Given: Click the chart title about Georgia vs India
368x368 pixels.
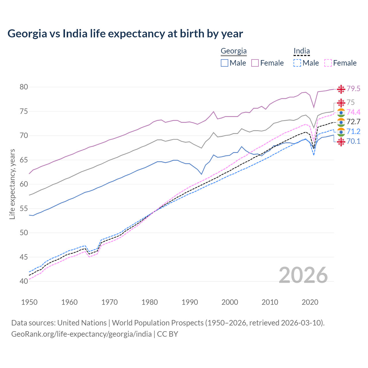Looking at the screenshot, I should click(x=125, y=33).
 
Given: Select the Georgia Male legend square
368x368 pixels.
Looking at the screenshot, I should click(x=225, y=63).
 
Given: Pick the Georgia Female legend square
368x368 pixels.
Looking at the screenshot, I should click(x=255, y=63).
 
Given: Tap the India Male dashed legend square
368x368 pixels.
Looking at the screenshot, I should click(x=297, y=63).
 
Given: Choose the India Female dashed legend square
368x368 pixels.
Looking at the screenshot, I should click(x=328, y=63).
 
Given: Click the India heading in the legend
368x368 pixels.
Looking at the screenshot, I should click(x=302, y=51).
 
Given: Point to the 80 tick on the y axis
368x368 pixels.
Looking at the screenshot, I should click(x=24, y=87).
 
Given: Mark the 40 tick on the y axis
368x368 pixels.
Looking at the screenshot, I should click(x=24, y=281).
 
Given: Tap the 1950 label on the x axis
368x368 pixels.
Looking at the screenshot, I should click(x=29, y=302).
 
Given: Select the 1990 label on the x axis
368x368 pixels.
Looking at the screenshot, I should click(x=190, y=302).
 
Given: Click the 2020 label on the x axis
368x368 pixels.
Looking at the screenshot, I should click(x=310, y=302).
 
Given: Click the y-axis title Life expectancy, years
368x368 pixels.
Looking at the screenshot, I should click(x=12, y=184).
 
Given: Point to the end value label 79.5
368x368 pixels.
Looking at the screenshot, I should click(x=353, y=89).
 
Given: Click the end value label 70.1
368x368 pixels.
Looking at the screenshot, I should click(x=353, y=141).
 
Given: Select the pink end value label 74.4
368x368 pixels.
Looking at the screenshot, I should click(x=353, y=112).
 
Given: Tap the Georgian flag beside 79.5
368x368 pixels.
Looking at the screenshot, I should click(x=341, y=89).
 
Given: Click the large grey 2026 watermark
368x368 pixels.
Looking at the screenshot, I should click(x=303, y=275).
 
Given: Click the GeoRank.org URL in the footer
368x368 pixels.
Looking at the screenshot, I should click(x=81, y=334).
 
